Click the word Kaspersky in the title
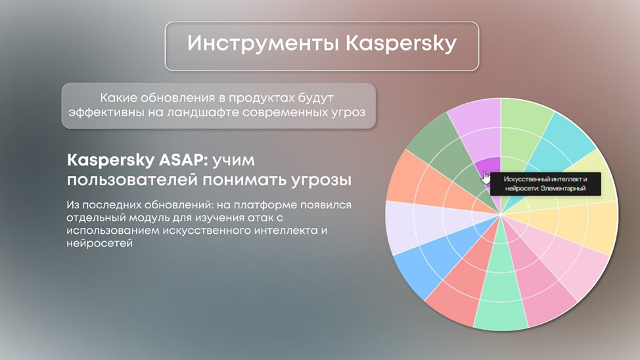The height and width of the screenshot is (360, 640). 401,44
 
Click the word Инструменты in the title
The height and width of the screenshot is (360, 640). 262,43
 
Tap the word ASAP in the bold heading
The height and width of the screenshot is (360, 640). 183,160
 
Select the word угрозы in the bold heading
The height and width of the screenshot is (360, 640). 321,181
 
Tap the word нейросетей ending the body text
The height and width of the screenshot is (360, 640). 100,243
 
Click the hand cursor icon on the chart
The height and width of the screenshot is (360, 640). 486,177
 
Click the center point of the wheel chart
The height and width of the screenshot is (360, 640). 501,214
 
